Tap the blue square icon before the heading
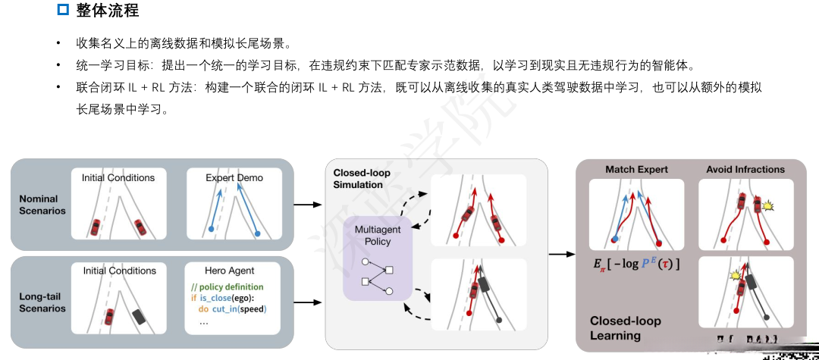[64, 11]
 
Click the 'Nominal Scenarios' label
[42, 205]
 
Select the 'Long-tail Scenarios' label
[42, 302]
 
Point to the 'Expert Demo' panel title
[234, 177]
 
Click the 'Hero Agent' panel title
[229, 271]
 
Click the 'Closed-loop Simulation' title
[362, 178]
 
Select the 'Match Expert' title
[636, 169]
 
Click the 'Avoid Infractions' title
[745, 169]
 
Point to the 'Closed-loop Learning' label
[626, 327]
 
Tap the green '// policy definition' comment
[227, 287]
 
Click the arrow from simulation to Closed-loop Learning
[561, 253]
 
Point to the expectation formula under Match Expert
[636, 264]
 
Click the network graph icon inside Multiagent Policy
[376, 277]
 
